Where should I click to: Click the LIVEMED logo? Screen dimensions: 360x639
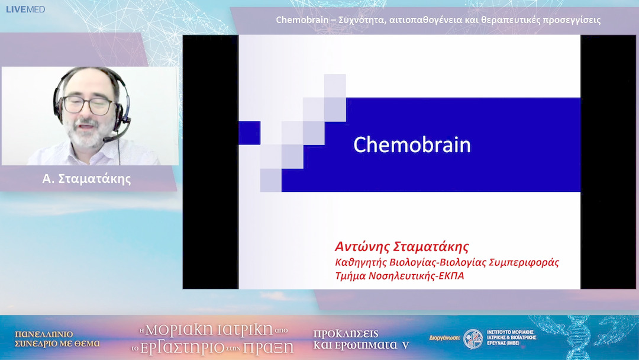(x=25, y=9)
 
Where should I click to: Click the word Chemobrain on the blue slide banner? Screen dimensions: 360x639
(x=412, y=144)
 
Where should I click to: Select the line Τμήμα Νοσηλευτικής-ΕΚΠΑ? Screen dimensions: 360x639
(x=399, y=275)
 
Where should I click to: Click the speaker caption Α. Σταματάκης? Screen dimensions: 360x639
(x=87, y=178)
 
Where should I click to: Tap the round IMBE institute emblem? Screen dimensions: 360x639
(x=473, y=339)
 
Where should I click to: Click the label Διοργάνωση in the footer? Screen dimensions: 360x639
(x=444, y=340)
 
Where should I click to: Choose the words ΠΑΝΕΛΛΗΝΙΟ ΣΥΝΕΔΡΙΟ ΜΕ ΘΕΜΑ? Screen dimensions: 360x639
(x=57, y=338)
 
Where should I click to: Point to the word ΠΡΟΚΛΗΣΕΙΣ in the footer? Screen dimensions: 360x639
(x=346, y=333)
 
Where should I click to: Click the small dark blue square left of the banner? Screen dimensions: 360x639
(x=249, y=133)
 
